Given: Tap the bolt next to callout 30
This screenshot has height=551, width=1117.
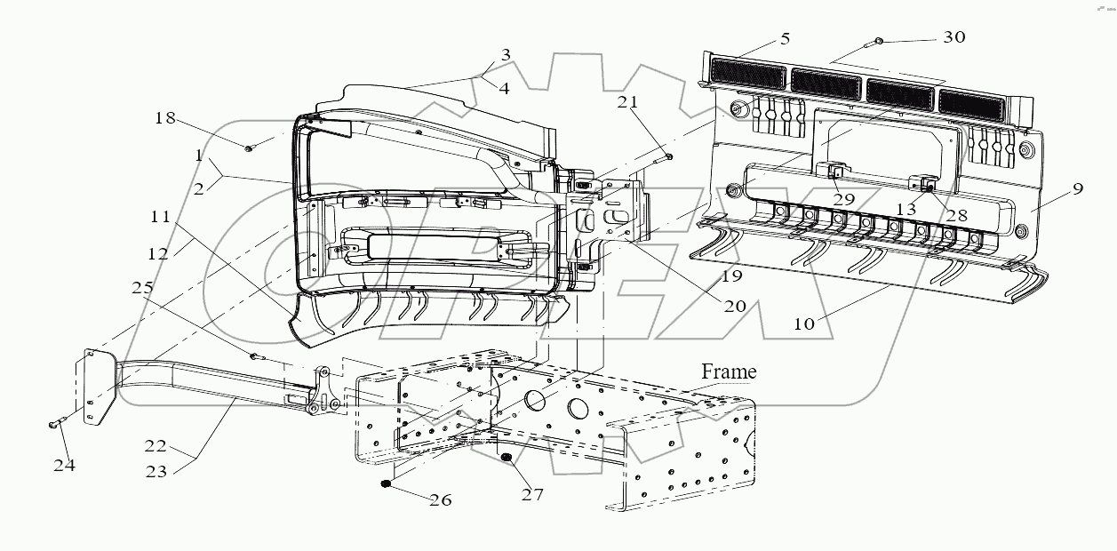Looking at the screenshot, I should click(876, 41).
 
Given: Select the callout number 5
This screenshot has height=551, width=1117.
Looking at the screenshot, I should click(785, 39).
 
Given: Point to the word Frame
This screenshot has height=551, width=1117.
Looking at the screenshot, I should click(729, 371).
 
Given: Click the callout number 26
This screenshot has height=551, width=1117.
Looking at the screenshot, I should click(441, 500).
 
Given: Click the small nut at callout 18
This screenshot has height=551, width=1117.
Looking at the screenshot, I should click(249, 148).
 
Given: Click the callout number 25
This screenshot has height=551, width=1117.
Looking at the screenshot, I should click(142, 289).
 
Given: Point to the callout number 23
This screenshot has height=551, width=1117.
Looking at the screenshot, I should click(156, 472).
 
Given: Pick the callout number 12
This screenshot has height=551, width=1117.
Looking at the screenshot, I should click(158, 253).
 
